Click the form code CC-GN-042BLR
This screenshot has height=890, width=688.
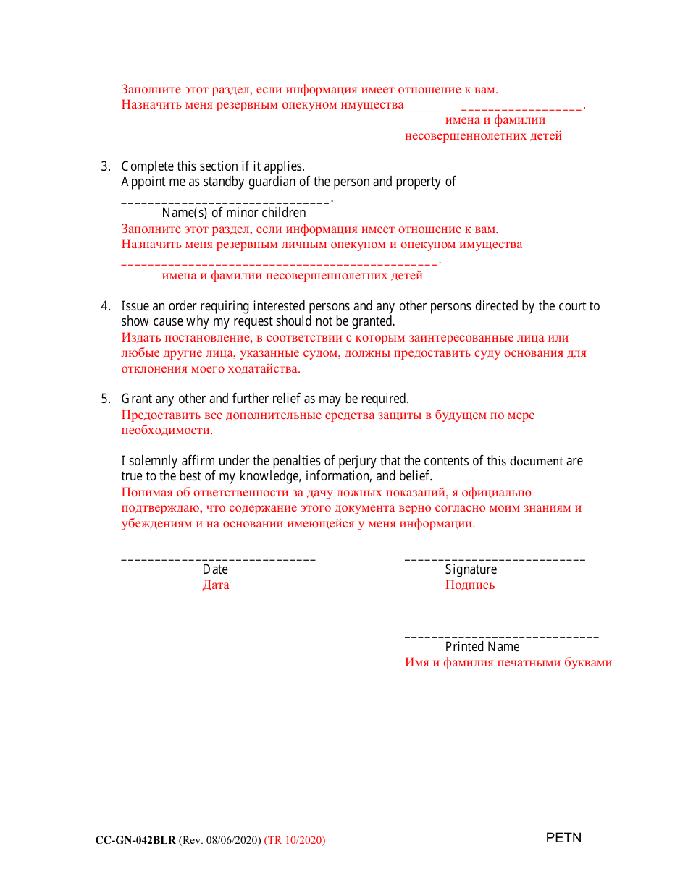click(x=135, y=840)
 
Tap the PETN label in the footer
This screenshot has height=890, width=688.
click(x=563, y=838)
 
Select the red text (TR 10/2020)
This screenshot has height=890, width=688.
click(x=295, y=840)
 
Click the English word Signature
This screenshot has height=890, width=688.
click(x=471, y=569)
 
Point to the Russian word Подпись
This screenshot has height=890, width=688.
click(x=470, y=585)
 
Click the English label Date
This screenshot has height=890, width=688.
click(x=215, y=569)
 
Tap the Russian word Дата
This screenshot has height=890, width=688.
click(x=216, y=585)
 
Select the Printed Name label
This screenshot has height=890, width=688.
click(x=482, y=647)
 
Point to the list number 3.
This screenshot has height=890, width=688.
click(x=104, y=166)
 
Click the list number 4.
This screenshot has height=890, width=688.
click(x=104, y=306)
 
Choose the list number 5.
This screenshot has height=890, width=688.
click(x=104, y=399)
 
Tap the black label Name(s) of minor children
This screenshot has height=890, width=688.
click(x=234, y=213)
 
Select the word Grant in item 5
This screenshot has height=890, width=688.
click(x=136, y=399)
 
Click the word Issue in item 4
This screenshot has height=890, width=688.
click(x=135, y=306)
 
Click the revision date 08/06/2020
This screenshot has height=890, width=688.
click(x=232, y=840)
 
